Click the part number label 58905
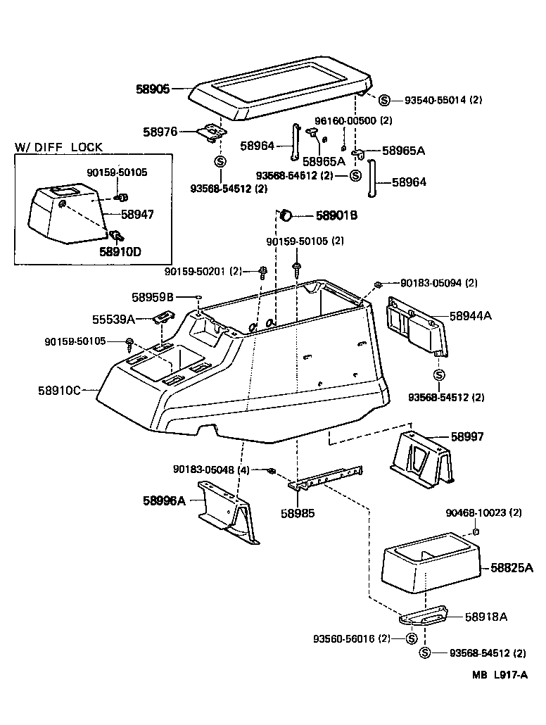(153, 89)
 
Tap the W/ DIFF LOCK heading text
(59, 147)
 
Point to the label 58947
(137, 213)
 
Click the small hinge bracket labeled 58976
(209, 132)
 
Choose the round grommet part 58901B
(287, 215)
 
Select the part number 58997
(468, 436)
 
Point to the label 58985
(298, 513)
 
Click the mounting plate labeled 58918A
(424, 614)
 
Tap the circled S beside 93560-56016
(411, 638)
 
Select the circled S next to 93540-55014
(385, 100)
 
